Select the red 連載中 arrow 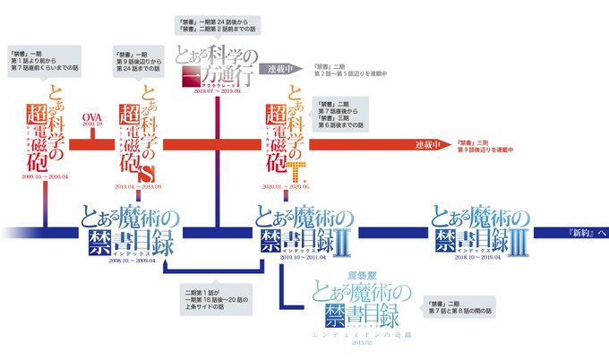pyautogui.click(x=432, y=146)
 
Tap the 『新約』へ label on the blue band pyautogui.click(x=587, y=232)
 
